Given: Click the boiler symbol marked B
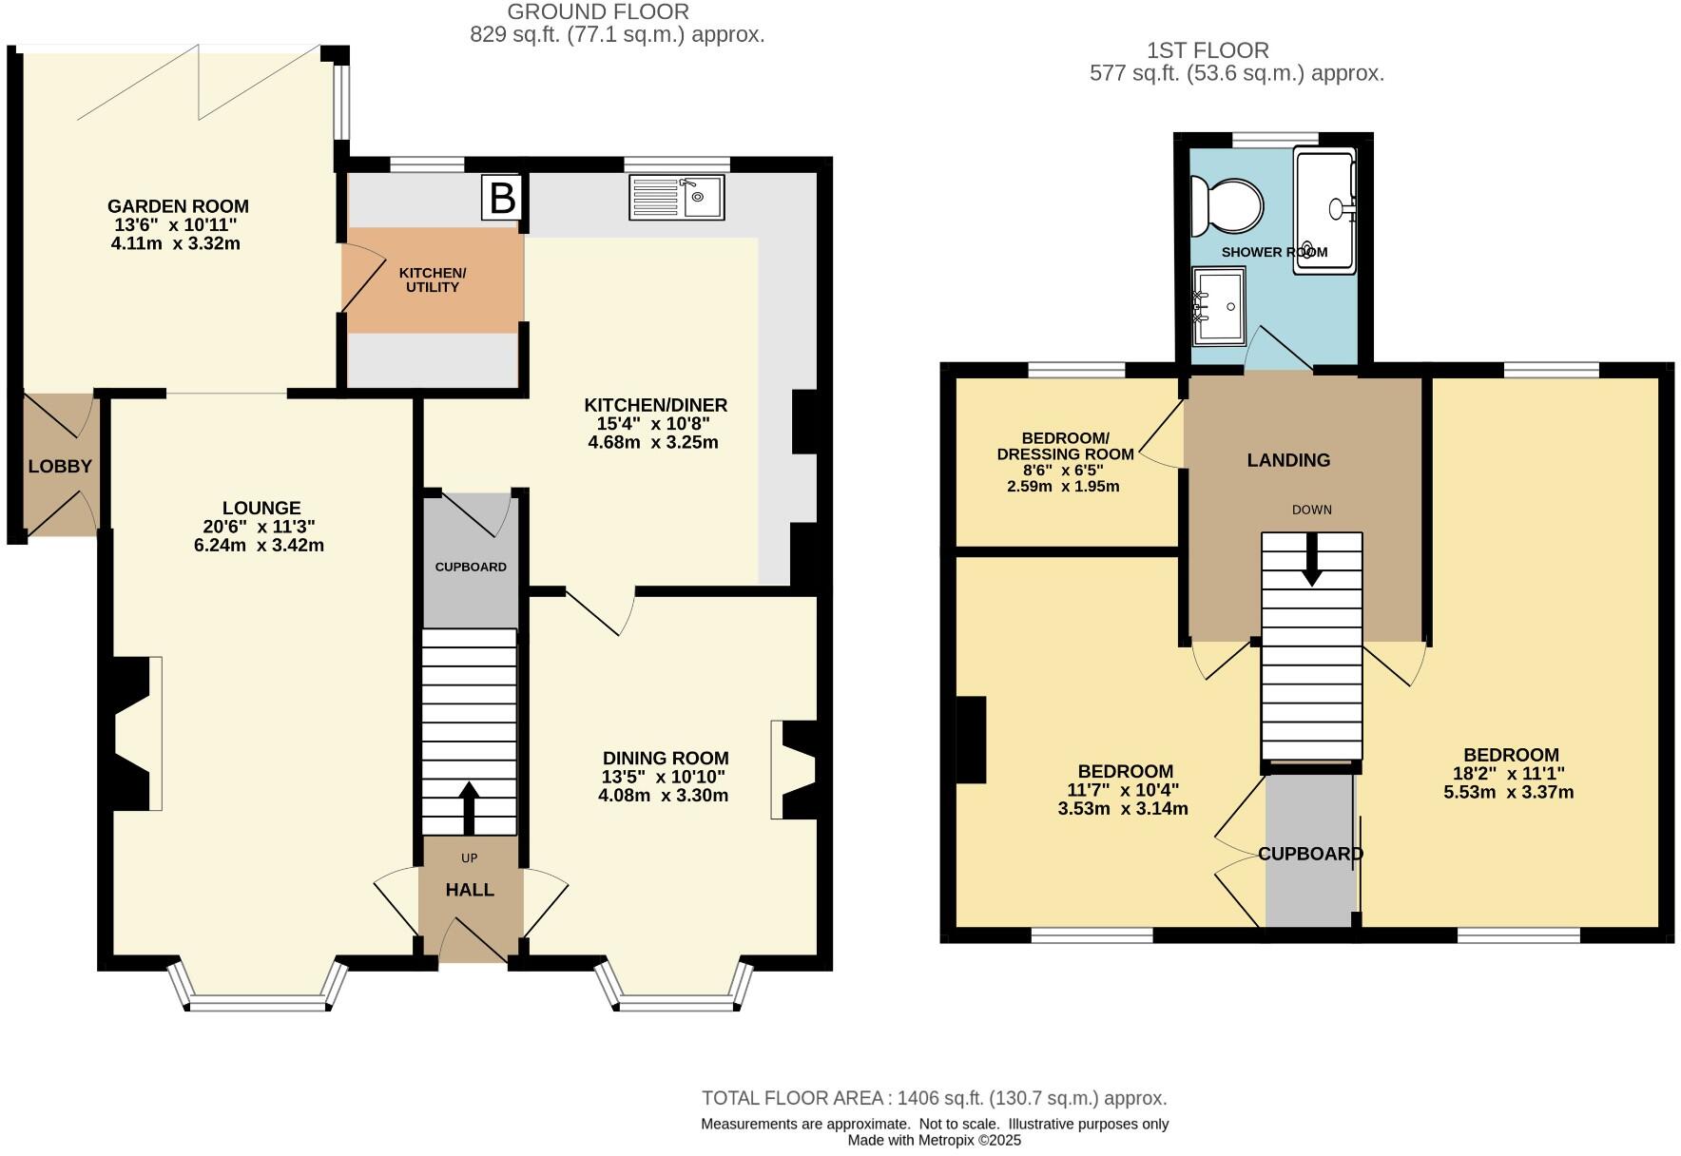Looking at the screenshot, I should coord(501,199).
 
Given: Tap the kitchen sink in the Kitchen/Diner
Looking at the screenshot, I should coord(676,198).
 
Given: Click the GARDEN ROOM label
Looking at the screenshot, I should coord(178,206).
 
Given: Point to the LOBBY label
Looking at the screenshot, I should coord(60,467).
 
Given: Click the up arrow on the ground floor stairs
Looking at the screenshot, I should coord(469,808).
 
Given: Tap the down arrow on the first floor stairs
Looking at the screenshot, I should coord(1312,560).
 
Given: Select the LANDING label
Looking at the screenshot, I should coord(1288,460).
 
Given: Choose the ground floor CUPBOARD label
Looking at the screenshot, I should coord(471,568).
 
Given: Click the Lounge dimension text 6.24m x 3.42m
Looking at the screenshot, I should coord(259,546).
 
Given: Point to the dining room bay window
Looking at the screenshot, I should coord(675,998).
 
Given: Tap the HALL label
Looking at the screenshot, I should coord(470,890).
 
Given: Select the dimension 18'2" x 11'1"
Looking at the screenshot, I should coord(1509,774).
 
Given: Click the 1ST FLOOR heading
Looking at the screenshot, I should coord(1208,50).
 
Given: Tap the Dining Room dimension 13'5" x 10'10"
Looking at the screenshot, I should coord(663,777).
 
